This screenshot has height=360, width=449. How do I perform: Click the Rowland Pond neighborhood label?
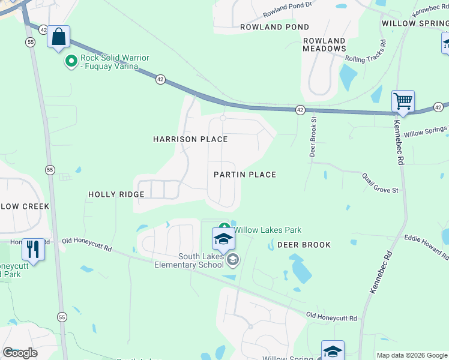(x=274, y=27)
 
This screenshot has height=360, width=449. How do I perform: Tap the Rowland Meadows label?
(x=324, y=45)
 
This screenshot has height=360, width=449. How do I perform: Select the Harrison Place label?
(x=190, y=139)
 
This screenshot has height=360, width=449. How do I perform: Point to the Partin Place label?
(x=245, y=175)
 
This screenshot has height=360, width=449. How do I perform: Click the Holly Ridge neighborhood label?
(x=116, y=194)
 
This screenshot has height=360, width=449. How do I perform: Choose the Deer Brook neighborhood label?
(x=304, y=245)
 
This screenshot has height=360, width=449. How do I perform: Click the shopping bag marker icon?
(x=58, y=37)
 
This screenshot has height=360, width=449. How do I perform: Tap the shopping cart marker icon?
(x=403, y=101)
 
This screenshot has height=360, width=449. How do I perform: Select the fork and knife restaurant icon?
(x=33, y=247)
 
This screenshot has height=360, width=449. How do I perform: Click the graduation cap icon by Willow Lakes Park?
(x=223, y=239)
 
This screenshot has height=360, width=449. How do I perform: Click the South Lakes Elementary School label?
(x=188, y=260)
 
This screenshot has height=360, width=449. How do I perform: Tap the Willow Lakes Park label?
(x=267, y=230)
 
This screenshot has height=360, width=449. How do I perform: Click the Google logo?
(x=20, y=352)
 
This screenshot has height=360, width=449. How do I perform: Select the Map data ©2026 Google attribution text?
(x=411, y=355)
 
